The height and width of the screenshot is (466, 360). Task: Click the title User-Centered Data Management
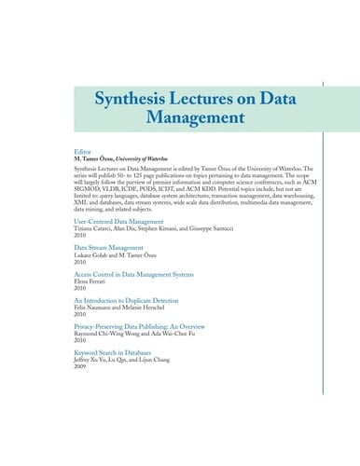pos(122,222)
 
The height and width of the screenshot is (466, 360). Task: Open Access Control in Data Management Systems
pos(133,275)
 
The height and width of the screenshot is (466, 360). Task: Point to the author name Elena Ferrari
pos(90,282)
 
